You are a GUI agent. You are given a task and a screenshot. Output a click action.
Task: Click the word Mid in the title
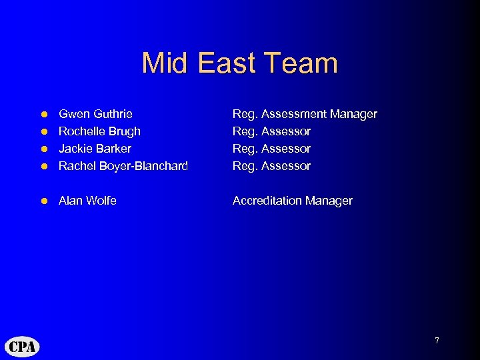163,63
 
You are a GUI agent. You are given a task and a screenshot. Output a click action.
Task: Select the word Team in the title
301,63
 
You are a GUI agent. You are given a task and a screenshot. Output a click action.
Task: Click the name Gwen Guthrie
95,115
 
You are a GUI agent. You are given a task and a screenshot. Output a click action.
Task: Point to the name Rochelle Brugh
99,131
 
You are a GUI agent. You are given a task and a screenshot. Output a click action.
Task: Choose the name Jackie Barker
95,149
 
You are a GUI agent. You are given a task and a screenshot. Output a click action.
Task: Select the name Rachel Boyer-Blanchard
123,166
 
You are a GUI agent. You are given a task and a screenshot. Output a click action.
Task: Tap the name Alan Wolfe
87,201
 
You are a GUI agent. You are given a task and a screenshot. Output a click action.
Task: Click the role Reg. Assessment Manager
305,115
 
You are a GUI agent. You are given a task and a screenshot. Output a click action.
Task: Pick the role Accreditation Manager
292,201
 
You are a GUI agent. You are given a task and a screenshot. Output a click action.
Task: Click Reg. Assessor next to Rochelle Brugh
271,131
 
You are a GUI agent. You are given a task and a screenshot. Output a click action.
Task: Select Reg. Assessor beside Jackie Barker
271,149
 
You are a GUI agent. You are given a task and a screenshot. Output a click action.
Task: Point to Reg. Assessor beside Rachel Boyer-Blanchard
271,166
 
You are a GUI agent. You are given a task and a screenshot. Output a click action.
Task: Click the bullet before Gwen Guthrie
44,115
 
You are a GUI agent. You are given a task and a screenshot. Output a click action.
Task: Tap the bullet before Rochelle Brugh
44,132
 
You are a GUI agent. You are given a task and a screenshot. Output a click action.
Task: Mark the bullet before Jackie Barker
44,149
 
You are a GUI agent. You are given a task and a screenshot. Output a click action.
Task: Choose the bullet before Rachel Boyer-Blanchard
44,166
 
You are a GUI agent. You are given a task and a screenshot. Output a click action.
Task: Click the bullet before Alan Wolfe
44,201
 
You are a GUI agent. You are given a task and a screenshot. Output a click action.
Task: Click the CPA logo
23,346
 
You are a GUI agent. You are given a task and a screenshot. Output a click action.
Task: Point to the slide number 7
437,341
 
